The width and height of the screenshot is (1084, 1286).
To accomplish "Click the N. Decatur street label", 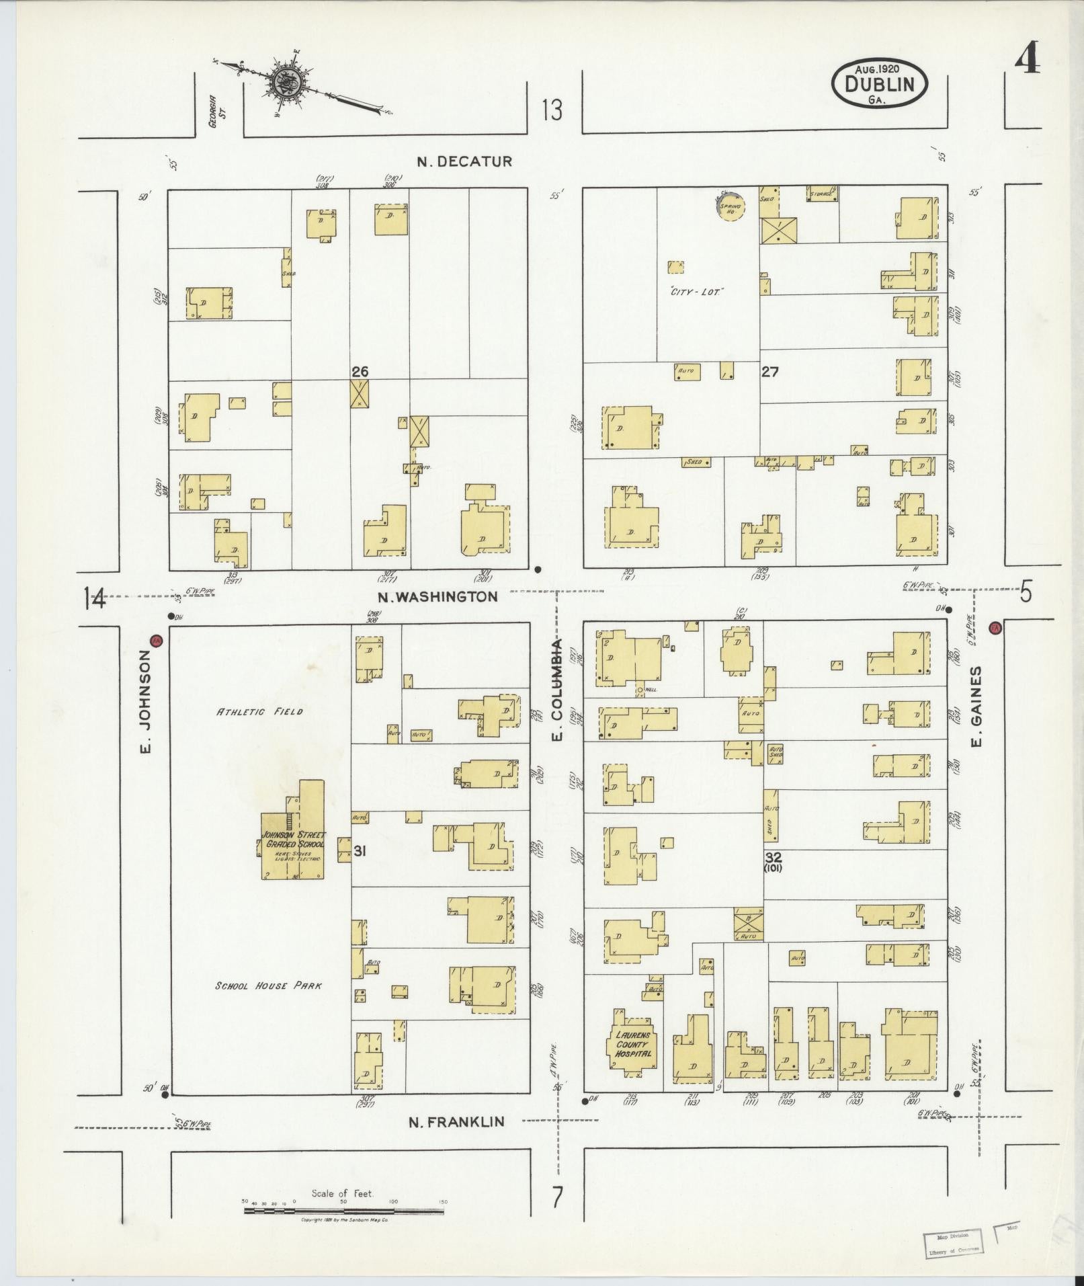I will (x=464, y=161).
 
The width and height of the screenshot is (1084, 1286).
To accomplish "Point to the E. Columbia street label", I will (x=557, y=690).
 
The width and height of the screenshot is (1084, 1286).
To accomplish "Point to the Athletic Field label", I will (x=259, y=711).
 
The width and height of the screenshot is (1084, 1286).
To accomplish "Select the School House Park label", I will (x=268, y=986).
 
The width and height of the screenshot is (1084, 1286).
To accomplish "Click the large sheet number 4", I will (x=1027, y=59).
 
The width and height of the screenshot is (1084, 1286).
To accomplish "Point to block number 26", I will (x=360, y=371).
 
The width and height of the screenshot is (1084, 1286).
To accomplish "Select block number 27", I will (x=769, y=371).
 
